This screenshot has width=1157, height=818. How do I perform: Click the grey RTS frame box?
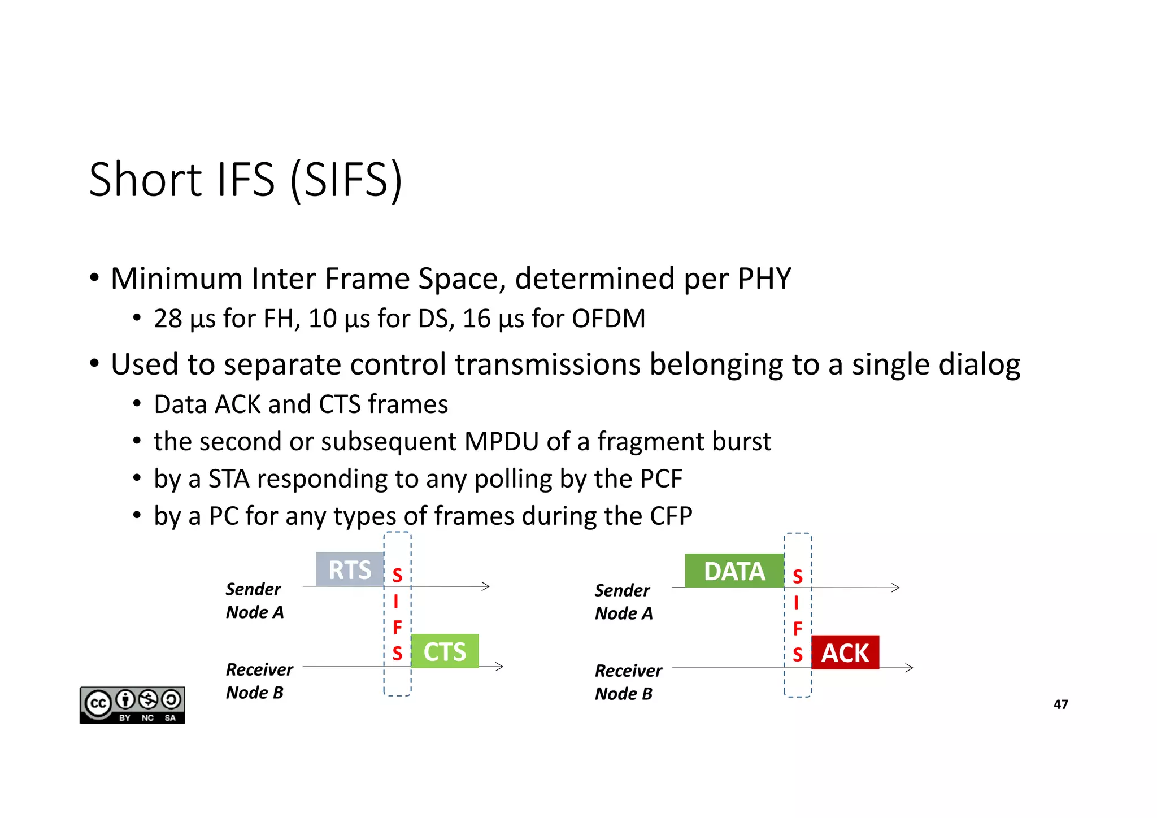350,569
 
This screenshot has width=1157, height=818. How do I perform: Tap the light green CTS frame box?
445,651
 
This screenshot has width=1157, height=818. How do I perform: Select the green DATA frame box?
734,571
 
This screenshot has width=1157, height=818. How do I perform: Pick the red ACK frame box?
845,653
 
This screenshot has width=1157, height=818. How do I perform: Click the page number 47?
1060,704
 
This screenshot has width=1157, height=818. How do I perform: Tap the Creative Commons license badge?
132,705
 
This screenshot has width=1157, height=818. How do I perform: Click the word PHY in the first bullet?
764,279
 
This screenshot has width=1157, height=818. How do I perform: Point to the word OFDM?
608,319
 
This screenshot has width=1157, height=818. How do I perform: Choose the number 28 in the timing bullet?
168,319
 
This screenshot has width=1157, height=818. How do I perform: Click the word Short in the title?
145,180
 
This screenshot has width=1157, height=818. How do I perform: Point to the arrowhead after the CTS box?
499,667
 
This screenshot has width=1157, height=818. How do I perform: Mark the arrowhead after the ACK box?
909,668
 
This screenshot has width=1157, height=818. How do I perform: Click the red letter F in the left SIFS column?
397,627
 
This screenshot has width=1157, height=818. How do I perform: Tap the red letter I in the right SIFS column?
797,603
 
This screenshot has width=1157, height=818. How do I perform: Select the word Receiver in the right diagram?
628,671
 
